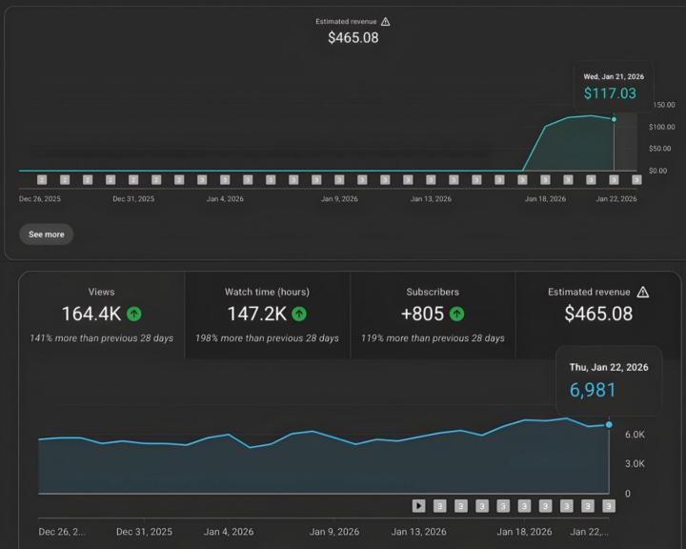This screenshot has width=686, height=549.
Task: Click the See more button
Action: [x=46, y=234]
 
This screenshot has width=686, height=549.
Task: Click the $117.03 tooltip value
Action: [x=610, y=93]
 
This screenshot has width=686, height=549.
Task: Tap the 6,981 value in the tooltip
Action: [x=593, y=390]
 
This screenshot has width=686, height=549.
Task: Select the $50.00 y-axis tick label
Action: [x=661, y=149]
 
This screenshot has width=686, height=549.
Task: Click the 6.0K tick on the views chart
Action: [x=635, y=434]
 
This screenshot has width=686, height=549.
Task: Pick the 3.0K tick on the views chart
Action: [x=635, y=464]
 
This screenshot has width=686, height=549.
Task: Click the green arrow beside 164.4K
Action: [x=134, y=314]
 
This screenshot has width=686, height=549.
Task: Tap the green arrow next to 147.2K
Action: [x=299, y=314]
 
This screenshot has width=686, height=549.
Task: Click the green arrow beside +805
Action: [x=457, y=314]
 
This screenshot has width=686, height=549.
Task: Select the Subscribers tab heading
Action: [x=433, y=292]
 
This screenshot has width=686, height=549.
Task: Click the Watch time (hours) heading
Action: [x=267, y=292]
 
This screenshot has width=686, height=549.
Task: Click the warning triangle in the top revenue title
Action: [x=385, y=21]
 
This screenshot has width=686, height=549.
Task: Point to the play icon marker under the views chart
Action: [x=418, y=505]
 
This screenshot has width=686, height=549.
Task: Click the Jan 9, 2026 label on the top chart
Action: [x=339, y=199]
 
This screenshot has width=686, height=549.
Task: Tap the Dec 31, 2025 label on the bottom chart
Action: [x=144, y=532]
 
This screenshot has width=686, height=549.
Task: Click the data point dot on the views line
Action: [x=609, y=424]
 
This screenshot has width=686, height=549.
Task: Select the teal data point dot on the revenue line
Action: [x=614, y=119]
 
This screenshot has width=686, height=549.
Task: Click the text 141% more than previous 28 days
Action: [x=102, y=338]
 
